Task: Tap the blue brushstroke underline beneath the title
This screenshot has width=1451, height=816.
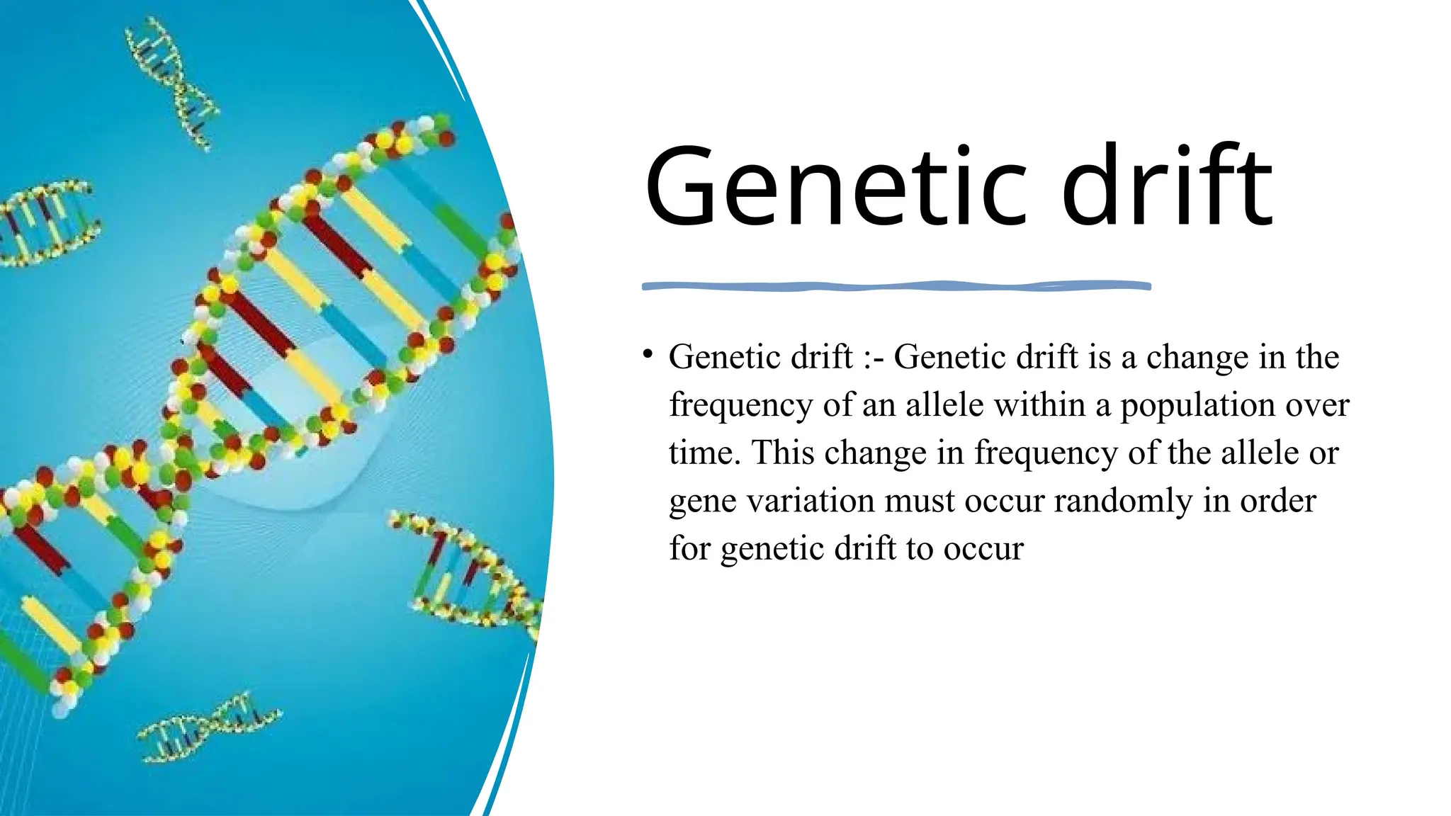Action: tap(896, 286)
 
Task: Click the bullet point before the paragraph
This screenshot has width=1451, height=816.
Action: tap(648, 353)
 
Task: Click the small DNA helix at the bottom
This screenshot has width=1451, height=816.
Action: tap(209, 730)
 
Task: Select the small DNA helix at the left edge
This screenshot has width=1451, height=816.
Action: tap(46, 223)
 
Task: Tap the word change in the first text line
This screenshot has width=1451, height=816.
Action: tap(1197, 357)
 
